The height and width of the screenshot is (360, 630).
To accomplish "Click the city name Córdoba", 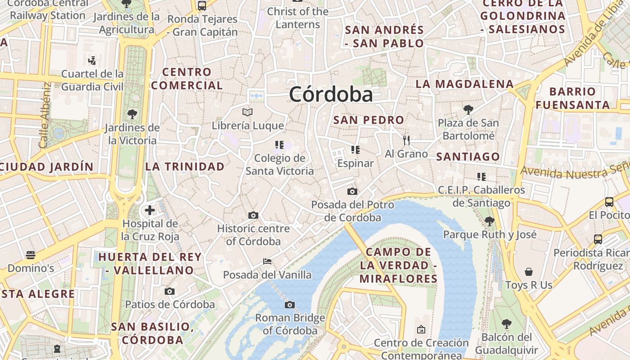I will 331,94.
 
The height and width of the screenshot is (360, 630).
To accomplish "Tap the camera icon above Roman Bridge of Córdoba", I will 290,305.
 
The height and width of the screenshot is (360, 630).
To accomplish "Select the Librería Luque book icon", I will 247,112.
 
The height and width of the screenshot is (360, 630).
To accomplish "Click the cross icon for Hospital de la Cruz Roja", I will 150,210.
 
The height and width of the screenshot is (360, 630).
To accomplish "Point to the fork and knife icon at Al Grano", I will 406,140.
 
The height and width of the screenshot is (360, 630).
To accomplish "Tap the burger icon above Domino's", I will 31,255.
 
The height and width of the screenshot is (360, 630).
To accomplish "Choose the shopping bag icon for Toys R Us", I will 529,272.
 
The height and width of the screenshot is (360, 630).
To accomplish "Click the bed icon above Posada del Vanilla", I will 267,261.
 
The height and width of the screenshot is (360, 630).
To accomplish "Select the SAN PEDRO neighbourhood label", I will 369,120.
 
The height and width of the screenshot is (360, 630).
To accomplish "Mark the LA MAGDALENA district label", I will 464,84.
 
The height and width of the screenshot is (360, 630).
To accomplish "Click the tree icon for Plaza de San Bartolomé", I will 468,109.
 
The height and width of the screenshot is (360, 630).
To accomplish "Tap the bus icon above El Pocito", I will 609,202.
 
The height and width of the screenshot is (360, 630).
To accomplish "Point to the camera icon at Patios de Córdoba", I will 170,292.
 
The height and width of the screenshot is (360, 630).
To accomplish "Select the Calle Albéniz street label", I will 45,116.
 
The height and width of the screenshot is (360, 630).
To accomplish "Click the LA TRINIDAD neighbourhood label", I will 184,166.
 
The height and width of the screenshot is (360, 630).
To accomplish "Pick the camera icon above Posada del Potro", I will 352,192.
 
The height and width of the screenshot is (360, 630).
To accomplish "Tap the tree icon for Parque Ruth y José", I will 490,221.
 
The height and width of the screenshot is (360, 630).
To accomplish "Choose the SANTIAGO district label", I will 468,157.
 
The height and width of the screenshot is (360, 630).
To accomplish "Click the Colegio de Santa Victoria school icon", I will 279,145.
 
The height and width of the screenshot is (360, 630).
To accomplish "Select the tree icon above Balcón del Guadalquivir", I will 506,324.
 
